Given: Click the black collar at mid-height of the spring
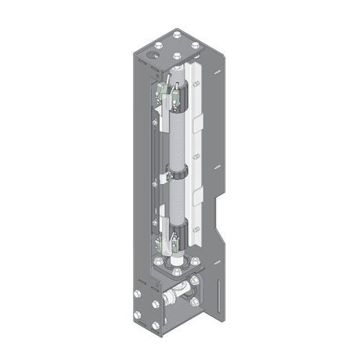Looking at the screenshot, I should coord(178,173).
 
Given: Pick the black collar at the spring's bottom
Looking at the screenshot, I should coord(179,231).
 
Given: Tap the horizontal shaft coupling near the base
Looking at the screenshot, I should coord(171,298).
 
